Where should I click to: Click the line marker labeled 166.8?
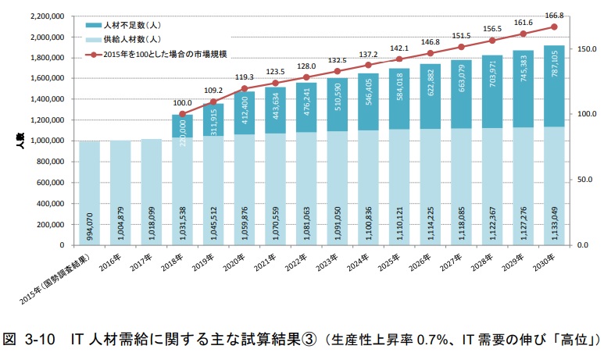pos(554,27)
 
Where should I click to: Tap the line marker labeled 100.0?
pos(183,114)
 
